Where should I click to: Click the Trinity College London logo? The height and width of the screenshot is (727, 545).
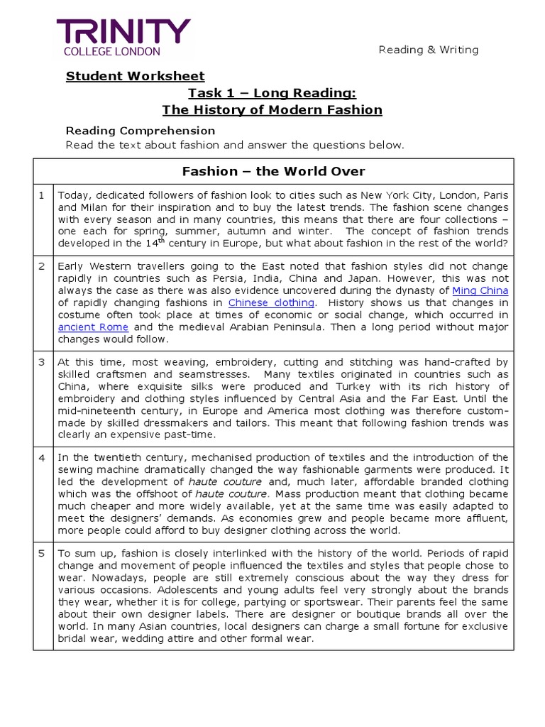click(x=123, y=37)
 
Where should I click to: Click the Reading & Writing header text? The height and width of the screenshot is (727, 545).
click(x=428, y=50)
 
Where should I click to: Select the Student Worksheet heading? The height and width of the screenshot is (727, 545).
click(x=135, y=76)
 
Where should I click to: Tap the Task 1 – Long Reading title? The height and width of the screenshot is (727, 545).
click(x=272, y=93)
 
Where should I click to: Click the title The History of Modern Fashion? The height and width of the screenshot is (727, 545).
click(x=272, y=110)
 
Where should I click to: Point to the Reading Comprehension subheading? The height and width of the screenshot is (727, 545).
click(x=140, y=131)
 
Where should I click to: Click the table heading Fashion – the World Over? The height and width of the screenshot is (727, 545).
click(x=273, y=172)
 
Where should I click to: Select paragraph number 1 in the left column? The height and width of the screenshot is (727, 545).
click(x=43, y=195)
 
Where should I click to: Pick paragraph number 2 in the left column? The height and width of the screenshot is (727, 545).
click(x=43, y=266)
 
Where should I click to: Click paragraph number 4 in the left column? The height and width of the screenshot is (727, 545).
click(x=43, y=458)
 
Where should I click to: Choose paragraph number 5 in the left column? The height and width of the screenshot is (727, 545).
click(x=43, y=553)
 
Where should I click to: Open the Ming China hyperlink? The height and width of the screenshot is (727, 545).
click(x=480, y=290)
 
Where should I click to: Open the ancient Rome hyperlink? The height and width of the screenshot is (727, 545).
click(x=94, y=327)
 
